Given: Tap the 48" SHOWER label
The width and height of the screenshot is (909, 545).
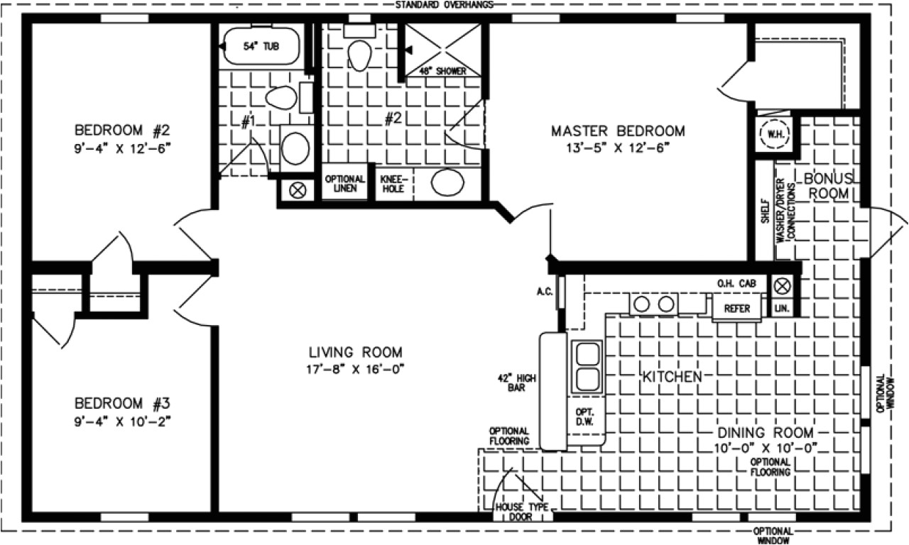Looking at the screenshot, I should pos(442,71).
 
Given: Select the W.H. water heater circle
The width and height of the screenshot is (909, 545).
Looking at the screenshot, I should pos(771,133).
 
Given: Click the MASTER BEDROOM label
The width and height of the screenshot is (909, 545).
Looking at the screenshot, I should pos(618,131).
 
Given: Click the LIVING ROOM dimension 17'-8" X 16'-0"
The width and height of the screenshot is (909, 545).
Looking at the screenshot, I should pos(355,368).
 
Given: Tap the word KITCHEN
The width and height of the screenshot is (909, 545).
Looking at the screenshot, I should pos(672,377).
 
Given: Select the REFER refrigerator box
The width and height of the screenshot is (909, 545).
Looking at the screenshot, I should pos(736,309).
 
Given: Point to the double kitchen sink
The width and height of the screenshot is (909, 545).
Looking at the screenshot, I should pos(587,366).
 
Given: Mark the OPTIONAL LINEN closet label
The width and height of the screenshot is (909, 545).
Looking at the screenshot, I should pos(345,184).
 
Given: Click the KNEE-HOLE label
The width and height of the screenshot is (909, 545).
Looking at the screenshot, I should pos(393,184).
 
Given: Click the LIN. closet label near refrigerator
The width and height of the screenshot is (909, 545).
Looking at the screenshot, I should pos(782,309).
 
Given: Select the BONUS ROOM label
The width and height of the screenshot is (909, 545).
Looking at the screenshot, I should pos(827,185).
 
